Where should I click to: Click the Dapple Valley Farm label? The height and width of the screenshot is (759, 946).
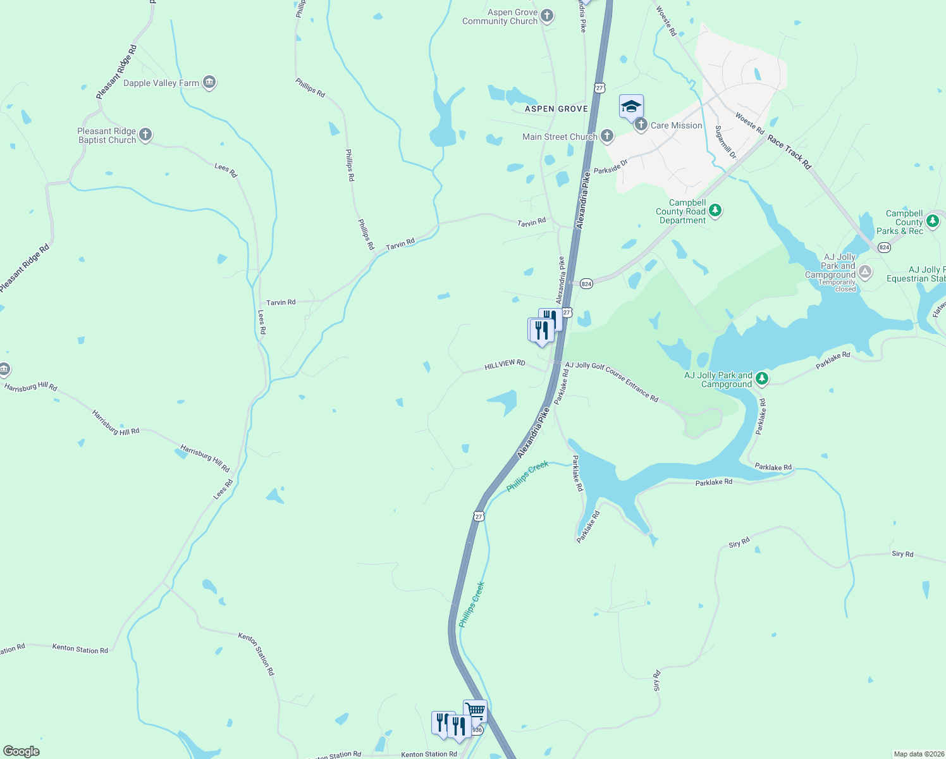coord(161,83)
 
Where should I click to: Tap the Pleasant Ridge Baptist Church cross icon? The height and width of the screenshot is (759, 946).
coord(145,135)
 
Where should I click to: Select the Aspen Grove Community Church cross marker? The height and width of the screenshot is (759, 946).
coord(547,16)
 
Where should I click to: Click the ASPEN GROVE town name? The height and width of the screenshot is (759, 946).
coord(556,109)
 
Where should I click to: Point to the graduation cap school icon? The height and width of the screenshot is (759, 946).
coord(630,106)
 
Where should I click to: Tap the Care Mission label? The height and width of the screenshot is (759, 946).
coord(676,125)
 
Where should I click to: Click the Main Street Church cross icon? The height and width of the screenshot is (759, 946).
coord(607,135)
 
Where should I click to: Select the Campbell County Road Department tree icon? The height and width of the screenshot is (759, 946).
coord(715,210)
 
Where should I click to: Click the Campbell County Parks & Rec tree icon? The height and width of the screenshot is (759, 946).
coord(932,221)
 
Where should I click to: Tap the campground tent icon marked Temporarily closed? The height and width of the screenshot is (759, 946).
coord(865,272)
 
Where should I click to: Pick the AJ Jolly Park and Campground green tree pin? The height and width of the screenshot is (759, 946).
coord(762,378)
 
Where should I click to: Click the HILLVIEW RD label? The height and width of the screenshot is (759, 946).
coord(505,365)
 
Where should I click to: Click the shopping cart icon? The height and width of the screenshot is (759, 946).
coord(475,710)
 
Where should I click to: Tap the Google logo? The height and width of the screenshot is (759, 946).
coord(21,751)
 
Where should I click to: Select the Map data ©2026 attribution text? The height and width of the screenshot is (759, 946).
coord(918,754)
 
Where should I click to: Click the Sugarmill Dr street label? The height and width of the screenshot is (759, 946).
coord(726,142)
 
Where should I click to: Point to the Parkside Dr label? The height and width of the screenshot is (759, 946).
coord(610,167)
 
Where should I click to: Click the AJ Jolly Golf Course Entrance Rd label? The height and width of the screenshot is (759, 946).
coord(611,381)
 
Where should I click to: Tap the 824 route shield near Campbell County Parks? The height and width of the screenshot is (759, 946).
coord(884,247)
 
